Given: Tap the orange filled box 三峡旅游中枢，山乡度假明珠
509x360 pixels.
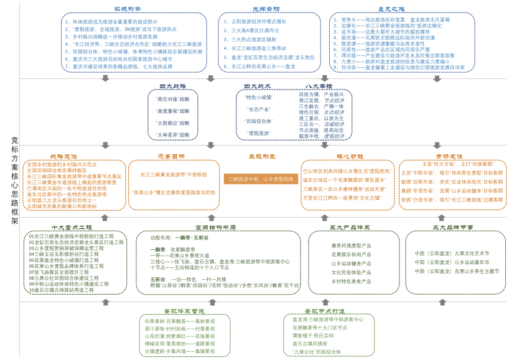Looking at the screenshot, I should (x=260, y=179).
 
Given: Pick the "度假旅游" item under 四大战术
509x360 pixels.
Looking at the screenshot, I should (x=259, y=133).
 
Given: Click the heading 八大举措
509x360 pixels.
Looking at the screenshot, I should (x=318, y=86).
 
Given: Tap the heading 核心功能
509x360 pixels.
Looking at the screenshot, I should (x=349, y=157).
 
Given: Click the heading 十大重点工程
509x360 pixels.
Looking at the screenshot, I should (x=72, y=228).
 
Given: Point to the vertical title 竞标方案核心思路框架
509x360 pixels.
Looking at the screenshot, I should (x=14, y=180).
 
